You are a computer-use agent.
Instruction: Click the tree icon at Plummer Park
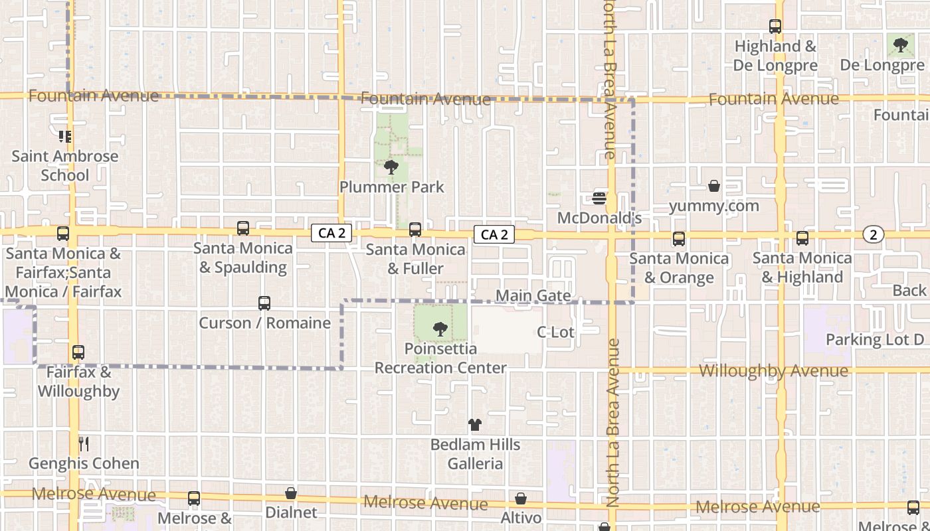point(391,167)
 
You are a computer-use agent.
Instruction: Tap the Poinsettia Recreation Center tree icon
point(440,329)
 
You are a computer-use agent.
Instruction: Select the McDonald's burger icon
point(599,198)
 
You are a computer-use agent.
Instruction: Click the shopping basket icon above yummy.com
point(714,186)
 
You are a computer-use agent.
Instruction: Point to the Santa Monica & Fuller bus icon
point(415,230)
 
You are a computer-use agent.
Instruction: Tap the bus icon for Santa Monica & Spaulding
point(243,228)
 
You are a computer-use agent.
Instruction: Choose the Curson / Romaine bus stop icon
point(264,303)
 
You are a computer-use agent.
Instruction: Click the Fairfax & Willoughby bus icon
point(78,352)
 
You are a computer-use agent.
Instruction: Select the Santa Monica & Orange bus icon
point(678,239)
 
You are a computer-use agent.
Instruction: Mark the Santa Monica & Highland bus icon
point(802,238)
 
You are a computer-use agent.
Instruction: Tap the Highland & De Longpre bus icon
point(775,27)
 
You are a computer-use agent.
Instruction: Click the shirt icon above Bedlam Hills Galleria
point(474,425)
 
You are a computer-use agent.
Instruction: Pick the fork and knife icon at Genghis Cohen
point(84,443)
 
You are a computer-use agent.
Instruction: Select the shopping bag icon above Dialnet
point(291,494)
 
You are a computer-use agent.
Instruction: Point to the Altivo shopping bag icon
point(521,498)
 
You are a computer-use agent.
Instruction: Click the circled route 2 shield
point(874,234)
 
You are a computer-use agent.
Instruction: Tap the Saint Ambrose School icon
point(65,137)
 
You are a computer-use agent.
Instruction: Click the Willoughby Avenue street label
point(773,371)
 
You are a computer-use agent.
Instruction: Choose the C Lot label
point(555,332)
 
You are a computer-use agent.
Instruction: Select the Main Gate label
point(533,295)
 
